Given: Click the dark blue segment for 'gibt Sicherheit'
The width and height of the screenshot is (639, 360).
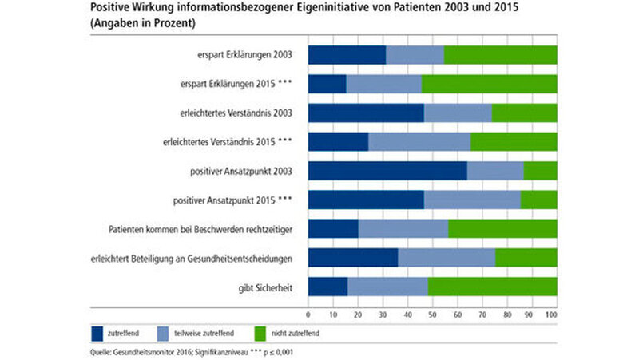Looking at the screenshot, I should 327,287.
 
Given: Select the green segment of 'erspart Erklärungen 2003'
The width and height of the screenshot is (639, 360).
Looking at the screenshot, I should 500,55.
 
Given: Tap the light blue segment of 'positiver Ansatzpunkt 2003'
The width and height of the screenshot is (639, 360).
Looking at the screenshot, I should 495,171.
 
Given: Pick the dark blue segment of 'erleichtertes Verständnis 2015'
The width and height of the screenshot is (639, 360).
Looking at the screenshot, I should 338,142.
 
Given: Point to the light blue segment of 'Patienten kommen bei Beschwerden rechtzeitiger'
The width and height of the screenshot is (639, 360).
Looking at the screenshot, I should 403,229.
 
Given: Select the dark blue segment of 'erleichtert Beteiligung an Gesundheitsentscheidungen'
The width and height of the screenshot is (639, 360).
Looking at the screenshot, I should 352,258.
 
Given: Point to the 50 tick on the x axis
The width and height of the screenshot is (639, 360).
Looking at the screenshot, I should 432,316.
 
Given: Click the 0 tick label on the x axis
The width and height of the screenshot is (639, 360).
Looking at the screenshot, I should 308,316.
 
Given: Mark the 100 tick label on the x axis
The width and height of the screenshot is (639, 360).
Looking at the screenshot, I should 551,316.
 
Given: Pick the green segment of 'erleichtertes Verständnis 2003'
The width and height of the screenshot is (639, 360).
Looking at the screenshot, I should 524,113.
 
